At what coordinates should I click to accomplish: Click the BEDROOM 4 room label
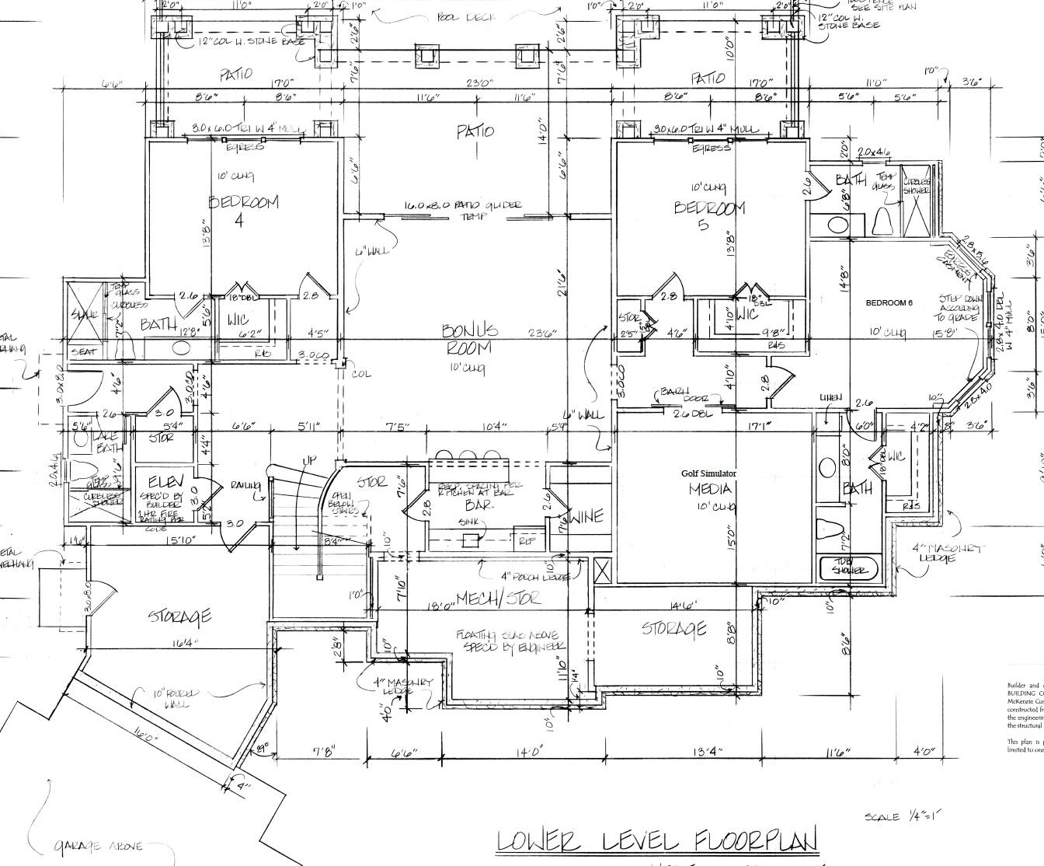pyautogui.click(x=242, y=210)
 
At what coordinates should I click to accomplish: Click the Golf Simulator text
pyautogui.click(x=708, y=473)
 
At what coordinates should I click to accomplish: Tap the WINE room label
pyautogui.click(x=586, y=518)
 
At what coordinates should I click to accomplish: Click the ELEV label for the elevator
pyautogui.click(x=165, y=481)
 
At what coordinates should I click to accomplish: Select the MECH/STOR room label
pyautogui.click(x=498, y=599)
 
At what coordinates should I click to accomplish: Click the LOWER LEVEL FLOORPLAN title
pyautogui.click(x=657, y=842)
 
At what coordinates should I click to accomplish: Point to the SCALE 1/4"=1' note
pyautogui.click(x=902, y=816)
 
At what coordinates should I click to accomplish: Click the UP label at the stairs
pyautogui.click(x=309, y=461)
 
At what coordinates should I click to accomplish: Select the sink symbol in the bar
pyautogui.click(x=470, y=540)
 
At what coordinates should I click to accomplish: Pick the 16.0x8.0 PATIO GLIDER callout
pyautogui.click(x=462, y=210)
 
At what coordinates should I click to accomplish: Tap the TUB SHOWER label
pyautogui.click(x=849, y=567)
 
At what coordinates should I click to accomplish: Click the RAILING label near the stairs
pyautogui.click(x=245, y=486)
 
